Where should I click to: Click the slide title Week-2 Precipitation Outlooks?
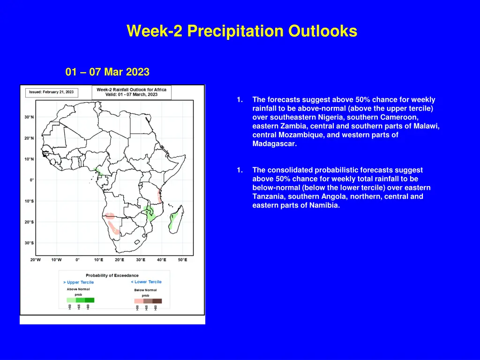(241, 31)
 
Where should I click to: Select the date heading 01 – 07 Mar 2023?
(107, 72)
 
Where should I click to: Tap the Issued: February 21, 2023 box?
(52, 92)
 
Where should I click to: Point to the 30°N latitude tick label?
(29, 117)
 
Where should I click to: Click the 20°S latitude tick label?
(29, 222)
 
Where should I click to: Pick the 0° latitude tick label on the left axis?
(31, 180)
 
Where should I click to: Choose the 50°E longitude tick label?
(182, 260)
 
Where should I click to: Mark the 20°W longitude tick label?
(35, 260)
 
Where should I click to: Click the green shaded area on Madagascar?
(172, 220)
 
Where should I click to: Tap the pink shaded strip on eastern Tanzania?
(160, 195)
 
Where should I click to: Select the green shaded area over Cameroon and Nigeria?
(97, 172)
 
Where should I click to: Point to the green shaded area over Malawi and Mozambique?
(150, 213)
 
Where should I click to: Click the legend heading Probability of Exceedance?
(112, 275)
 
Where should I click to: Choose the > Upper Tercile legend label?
(79, 282)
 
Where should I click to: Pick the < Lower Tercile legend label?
(146, 282)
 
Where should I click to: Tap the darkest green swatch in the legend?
(90, 300)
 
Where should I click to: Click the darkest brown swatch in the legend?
(157, 301)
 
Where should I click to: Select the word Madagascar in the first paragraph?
(274, 144)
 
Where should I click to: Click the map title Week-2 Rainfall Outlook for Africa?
(131, 89)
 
